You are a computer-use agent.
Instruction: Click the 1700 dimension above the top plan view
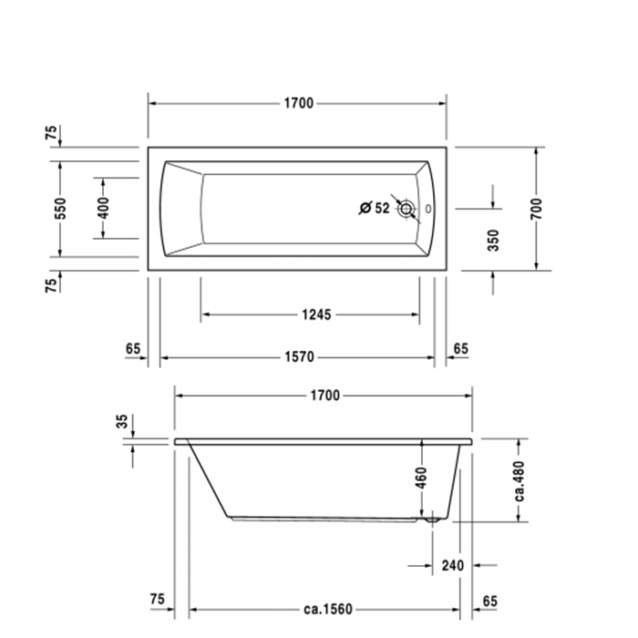pos(297,103)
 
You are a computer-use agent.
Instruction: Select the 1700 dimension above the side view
pos(324,396)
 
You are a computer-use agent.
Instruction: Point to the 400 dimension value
pos(103,208)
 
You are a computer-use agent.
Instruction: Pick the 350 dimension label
pos(493,241)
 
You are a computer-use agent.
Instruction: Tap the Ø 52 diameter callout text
pos(375,209)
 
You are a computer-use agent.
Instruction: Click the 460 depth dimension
pos(422,479)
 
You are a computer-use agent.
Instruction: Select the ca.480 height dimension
pos(519,480)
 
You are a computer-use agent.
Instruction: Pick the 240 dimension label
pos(453,566)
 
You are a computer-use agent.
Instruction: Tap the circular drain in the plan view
pos(406,209)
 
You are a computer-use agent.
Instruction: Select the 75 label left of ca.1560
pos(157,599)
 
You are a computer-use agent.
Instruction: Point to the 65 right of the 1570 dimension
pos(460,348)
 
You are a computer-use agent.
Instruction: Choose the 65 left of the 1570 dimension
pos(133,348)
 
